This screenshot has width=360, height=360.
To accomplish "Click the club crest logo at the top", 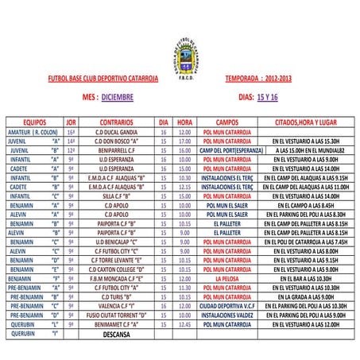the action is coord(180,55).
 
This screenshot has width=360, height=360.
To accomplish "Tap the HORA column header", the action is coord(184,122).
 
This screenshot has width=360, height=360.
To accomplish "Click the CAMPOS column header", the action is coord(227,122).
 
